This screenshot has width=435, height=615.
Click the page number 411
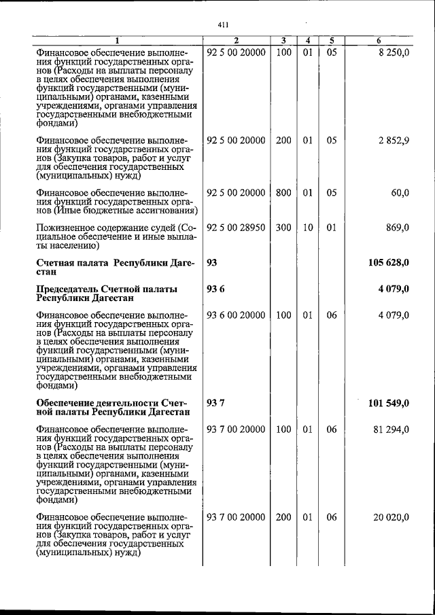click(222, 25)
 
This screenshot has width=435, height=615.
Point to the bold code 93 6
click(215, 289)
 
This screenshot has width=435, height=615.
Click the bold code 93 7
click(215, 403)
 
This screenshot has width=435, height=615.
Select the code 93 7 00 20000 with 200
click(235, 517)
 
